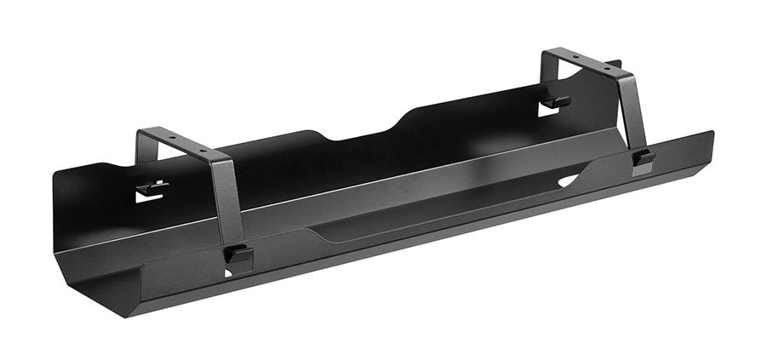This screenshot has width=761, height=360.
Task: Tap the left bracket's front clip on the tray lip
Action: coord(238,254)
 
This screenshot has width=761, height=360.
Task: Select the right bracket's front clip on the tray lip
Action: coord(644,158)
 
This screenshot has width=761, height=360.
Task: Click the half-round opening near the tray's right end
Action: coord(569,180)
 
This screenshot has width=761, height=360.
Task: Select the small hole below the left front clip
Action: coord(228,271)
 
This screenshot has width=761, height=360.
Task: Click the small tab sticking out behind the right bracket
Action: coord(616,64)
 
